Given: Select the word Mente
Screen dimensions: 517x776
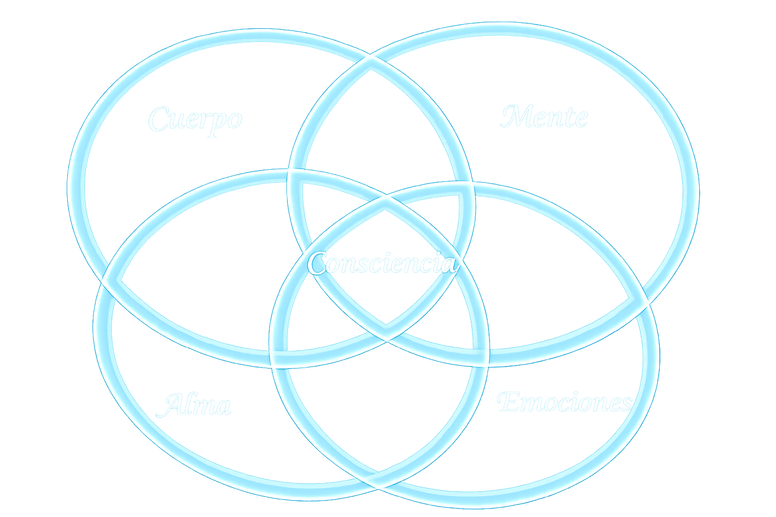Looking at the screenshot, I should [544, 117].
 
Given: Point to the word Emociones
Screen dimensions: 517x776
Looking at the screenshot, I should [564, 402].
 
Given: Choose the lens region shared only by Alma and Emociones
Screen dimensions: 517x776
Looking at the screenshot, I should [380, 414].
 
